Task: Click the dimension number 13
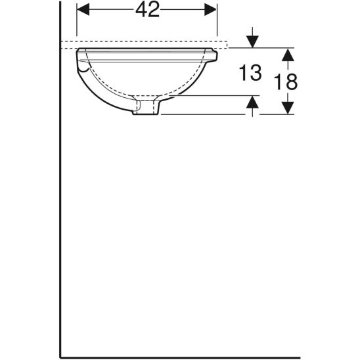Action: [x=250, y=73]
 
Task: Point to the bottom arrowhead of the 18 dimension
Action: [x=287, y=108]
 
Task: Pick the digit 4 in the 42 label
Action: [x=140, y=11]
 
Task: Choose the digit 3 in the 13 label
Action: [x=257, y=73]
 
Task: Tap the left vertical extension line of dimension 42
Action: [x=77, y=23]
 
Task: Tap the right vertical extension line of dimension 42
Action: [x=217, y=23]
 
